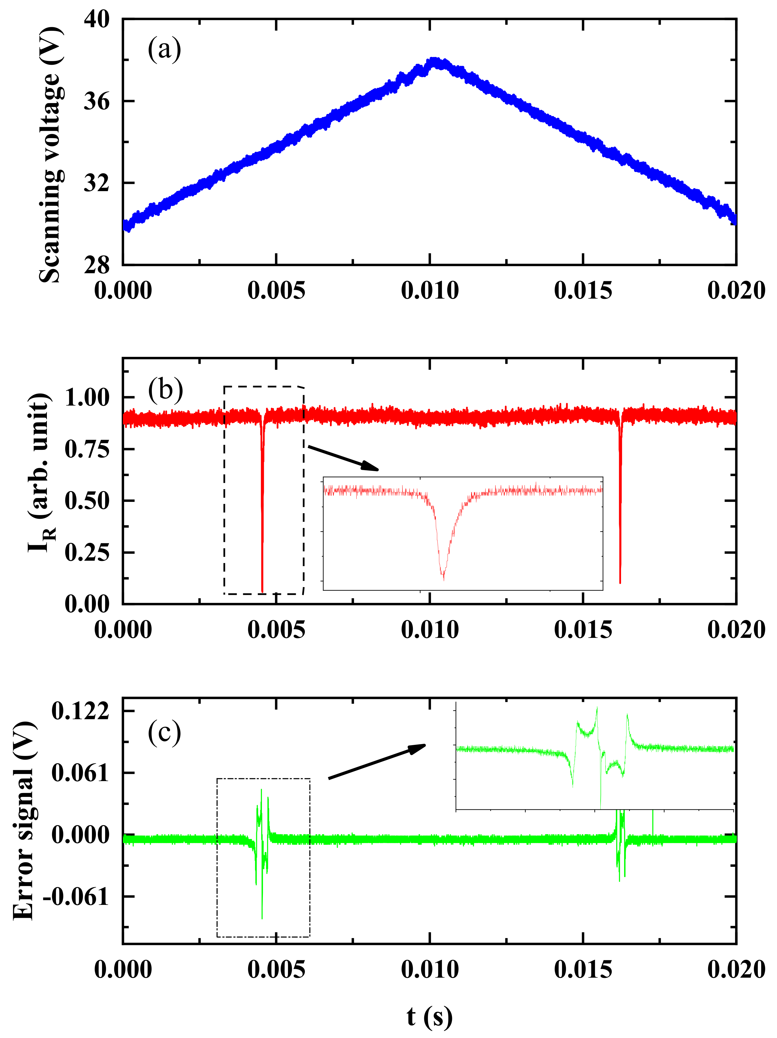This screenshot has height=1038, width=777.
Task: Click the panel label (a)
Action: (164, 49)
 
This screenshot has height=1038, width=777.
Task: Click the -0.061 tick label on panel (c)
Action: (76, 897)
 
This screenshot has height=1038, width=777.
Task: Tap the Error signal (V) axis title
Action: (24, 821)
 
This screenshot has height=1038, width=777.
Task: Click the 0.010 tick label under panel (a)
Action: (429, 291)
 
